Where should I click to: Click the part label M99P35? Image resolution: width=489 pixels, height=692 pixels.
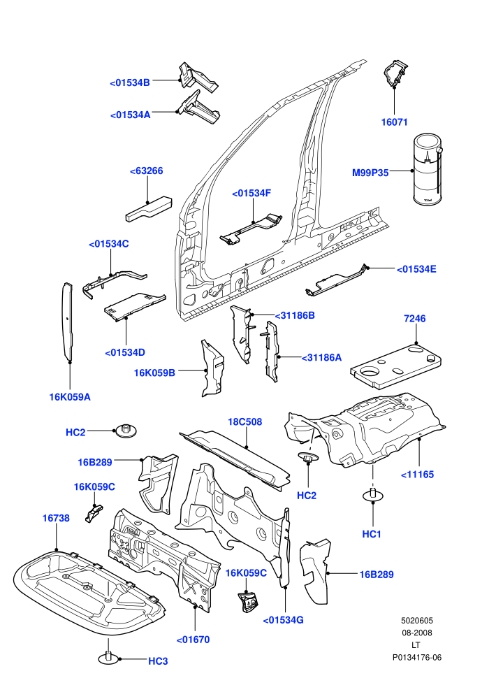pyautogui.click(x=370, y=173)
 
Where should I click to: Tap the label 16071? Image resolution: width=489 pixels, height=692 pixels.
pyautogui.click(x=394, y=122)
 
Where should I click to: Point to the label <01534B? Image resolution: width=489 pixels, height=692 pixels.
pyautogui.click(x=130, y=82)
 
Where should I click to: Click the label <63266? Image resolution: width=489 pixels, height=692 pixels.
pyautogui.click(x=147, y=171)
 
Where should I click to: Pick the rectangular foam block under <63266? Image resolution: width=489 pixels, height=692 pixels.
pyautogui.click(x=149, y=208)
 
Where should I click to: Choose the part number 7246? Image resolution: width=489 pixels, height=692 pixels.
pyautogui.click(x=414, y=319)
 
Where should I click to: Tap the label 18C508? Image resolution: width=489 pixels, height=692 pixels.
pyautogui.click(x=245, y=422)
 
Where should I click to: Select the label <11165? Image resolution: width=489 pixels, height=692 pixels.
pyautogui.click(x=417, y=475)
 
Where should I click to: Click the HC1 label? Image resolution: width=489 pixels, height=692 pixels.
pyautogui.click(x=371, y=534)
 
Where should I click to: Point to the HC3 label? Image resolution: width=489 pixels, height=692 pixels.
pyautogui.click(x=158, y=661)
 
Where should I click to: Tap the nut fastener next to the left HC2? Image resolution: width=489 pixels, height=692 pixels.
pyautogui.click(x=126, y=431)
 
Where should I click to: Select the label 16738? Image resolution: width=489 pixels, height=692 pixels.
pyautogui.click(x=56, y=518)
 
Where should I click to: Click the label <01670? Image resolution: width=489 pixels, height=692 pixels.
pyautogui.click(x=193, y=640)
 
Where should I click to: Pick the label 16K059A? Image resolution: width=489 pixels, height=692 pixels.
pyautogui.click(x=70, y=397)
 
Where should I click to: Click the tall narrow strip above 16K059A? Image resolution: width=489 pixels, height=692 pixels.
pyautogui.click(x=67, y=322)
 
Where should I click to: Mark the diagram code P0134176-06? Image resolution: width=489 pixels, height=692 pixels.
pyautogui.click(x=416, y=658)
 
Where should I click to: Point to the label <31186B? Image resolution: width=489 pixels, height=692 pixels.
pyautogui.click(x=295, y=315)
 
